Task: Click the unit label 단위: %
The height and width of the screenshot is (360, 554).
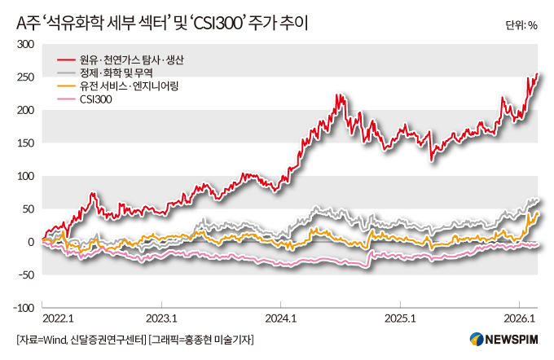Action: click(x=521, y=24)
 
